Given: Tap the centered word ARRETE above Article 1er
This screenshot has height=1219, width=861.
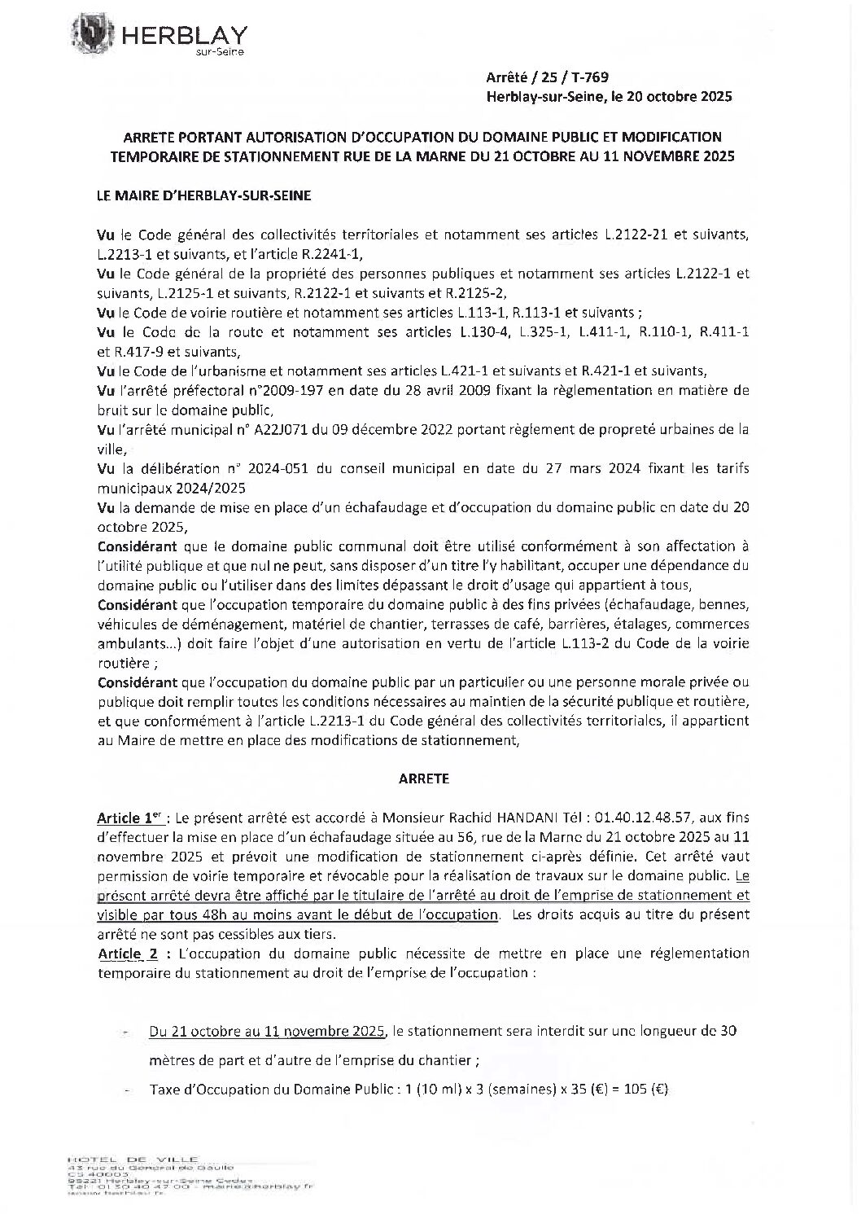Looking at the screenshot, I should click(x=423, y=778).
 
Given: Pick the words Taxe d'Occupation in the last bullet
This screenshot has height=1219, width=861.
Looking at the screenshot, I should click(x=201, y=1089).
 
